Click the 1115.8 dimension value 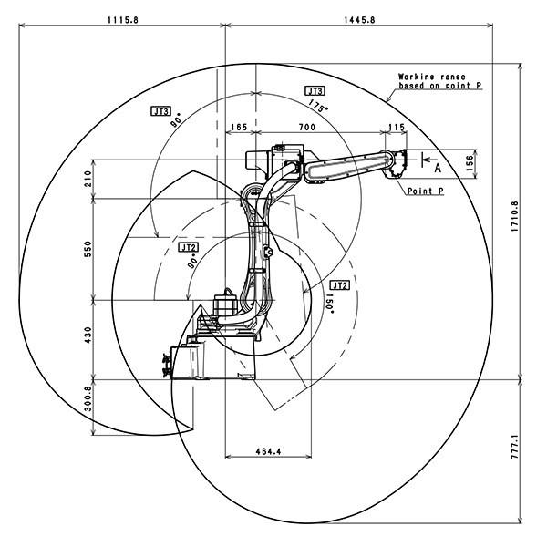point(123,20)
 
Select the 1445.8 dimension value point(360,20)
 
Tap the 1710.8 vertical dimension point(515,217)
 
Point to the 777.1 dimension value point(515,447)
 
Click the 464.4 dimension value point(268,451)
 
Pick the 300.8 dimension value point(88,398)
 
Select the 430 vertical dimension point(88,335)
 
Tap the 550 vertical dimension point(88,249)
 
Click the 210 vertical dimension point(88,179)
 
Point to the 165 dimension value point(239,127)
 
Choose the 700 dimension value point(307,127)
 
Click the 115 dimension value point(397,127)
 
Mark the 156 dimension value point(470,163)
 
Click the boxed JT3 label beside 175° point(315,91)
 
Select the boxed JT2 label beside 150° point(339,285)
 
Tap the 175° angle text point(318,106)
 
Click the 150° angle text point(329,304)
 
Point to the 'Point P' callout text point(426,191)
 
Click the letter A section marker point(438,169)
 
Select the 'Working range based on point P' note point(440,81)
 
